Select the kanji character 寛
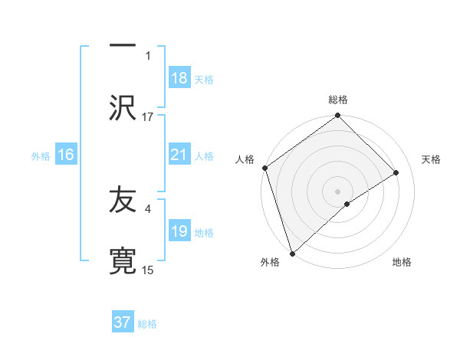click(x=123, y=257)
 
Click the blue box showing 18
click(x=179, y=78)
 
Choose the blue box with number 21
click(x=179, y=155)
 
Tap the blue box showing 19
click(x=179, y=231)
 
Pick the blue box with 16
click(x=66, y=155)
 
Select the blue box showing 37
click(x=123, y=322)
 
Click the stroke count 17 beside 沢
click(x=148, y=117)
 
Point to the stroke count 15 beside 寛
click(x=148, y=270)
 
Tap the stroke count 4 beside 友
click(x=147, y=207)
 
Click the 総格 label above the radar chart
click(x=338, y=100)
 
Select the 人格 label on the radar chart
click(x=245, y=159)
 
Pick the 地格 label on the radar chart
click(x=402, y=263)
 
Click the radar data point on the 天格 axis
click(x=396, y=173)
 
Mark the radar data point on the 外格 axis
click(x=291, y=253)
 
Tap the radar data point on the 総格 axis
click(x=337, y=116)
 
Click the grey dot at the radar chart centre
click(x=337, y=191)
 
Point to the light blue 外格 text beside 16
click(x=41, y=155)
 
